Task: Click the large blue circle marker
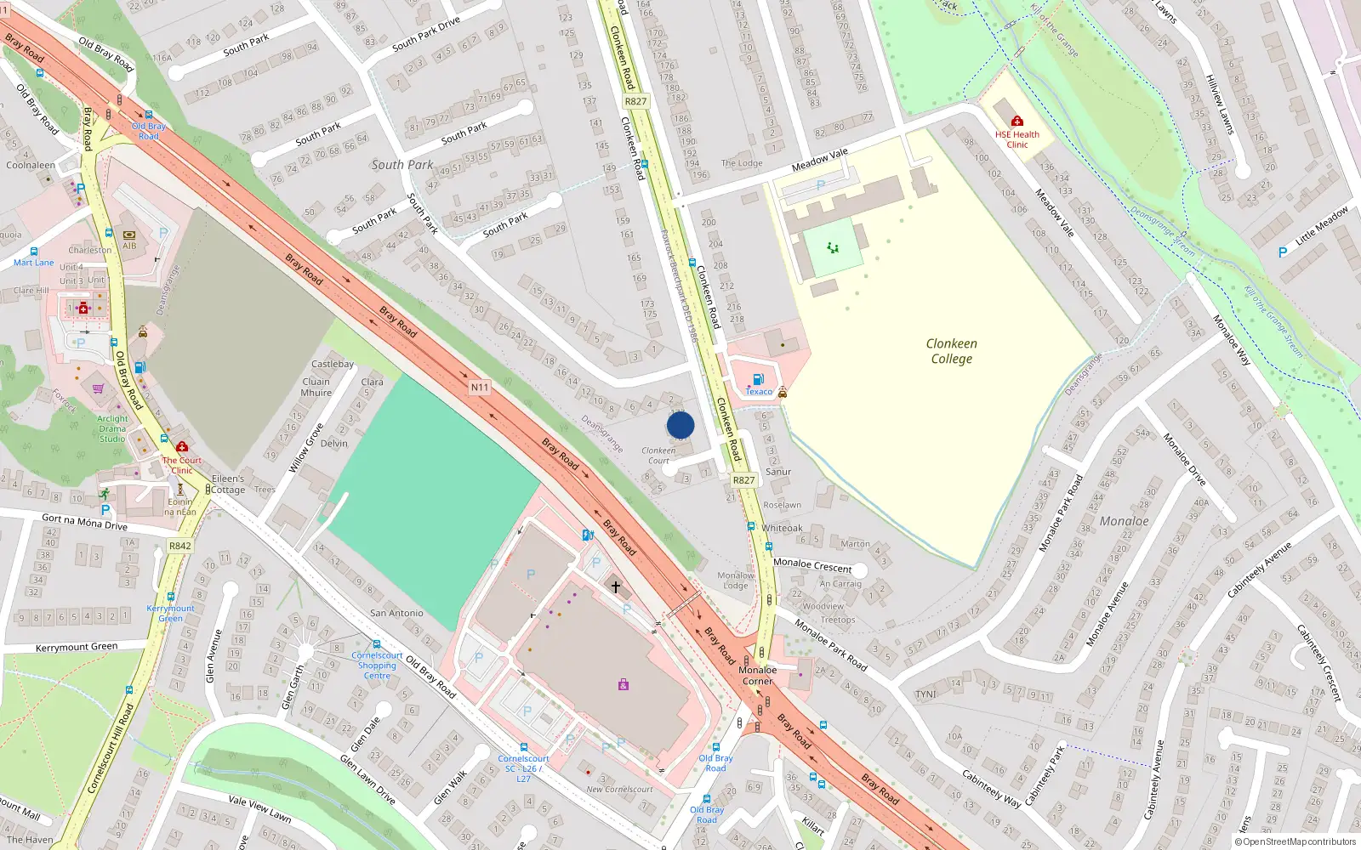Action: click(x=680, y=425)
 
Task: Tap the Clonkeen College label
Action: click(x=951, y=351)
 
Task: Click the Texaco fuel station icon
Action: click(x=758, y=379)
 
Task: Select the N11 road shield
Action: click(x=480, y=388)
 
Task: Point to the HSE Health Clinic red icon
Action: click(x=1016, y=121)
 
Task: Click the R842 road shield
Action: click(x=179, y=547)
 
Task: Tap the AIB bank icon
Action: click(x=129, y=235)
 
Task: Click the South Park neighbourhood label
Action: click(x=401, y=165)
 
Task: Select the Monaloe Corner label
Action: click(x=757, y=675)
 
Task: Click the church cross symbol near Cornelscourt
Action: click(x=616, y=586)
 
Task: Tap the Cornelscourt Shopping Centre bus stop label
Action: click(x=377, y=665)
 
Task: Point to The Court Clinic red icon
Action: click(x=182, y=447)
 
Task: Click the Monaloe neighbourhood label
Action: click(x=1124, y=521)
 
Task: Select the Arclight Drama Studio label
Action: click(x=112, y=428)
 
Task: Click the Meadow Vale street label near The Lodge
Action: click(x=819, y=160)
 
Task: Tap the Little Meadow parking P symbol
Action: click(x=1283, y=252)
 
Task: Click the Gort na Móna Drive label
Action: click(x=84, y=522)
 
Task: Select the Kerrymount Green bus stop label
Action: click(x=170, y=613)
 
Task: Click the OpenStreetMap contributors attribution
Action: click(x=1296, y=841)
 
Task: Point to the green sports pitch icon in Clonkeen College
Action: click(x=833, y=247)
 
